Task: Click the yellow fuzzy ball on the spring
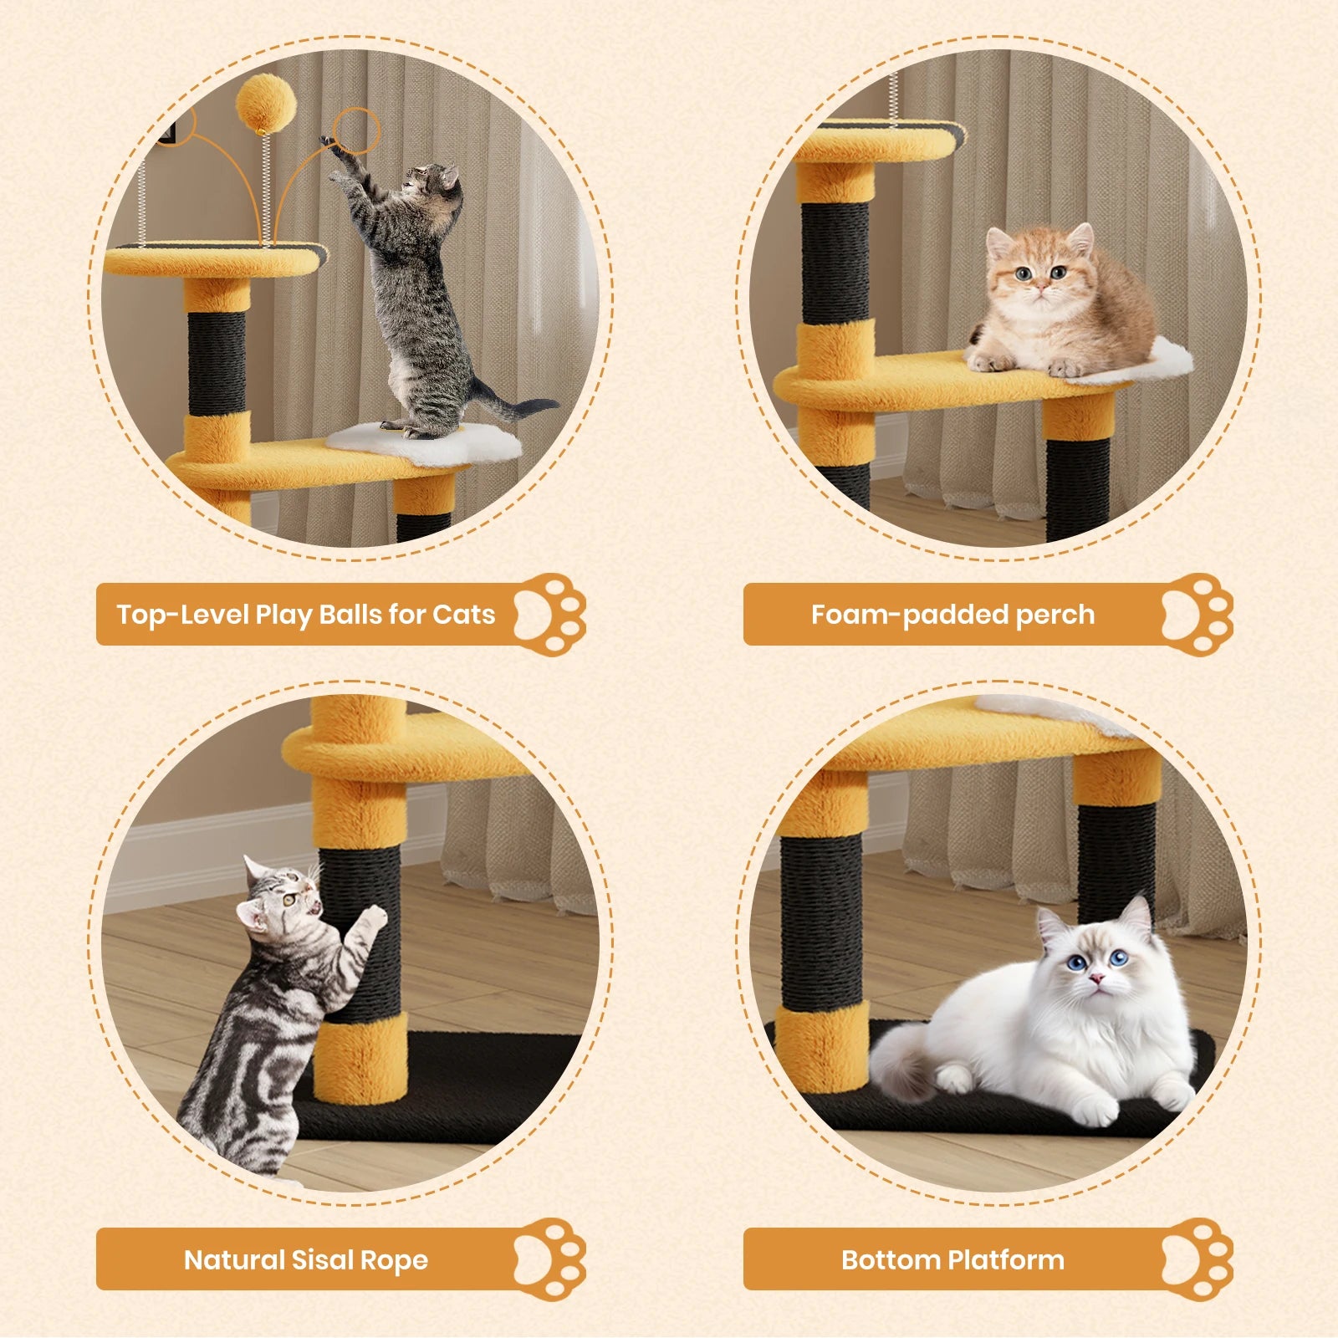pos(266,103)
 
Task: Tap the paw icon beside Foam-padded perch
pos(1197,615)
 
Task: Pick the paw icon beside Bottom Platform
pos(1197,1259)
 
